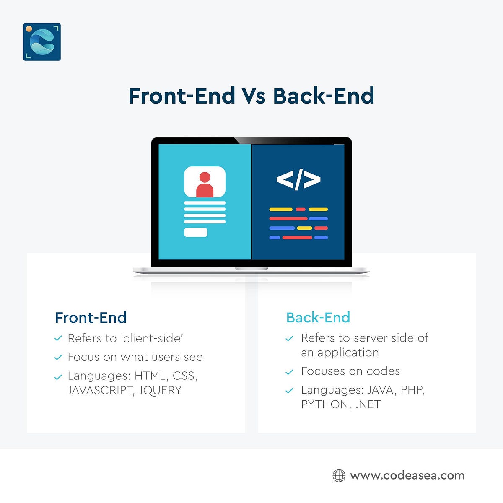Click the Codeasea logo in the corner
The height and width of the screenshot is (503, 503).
(42, 42)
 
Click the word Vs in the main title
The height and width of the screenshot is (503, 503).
(253, 96)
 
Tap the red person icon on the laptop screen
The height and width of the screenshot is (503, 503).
(205, 184)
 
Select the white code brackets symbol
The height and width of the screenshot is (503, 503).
(298, 179)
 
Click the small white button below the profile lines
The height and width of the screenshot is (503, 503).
(196, 232)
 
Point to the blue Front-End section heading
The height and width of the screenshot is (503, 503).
(91, 318)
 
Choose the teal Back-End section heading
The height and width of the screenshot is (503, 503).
(318, 318)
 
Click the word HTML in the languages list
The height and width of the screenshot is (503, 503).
(150, 376)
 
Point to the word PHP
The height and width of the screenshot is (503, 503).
(412, 390)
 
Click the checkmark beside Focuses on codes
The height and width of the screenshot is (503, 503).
(289, 372)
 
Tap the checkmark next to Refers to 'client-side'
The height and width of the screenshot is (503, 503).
(58, 339)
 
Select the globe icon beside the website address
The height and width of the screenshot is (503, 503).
(339, 475)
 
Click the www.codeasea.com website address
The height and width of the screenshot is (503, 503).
(407, 476)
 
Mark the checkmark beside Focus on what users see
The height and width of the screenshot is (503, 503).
(58, 358)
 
